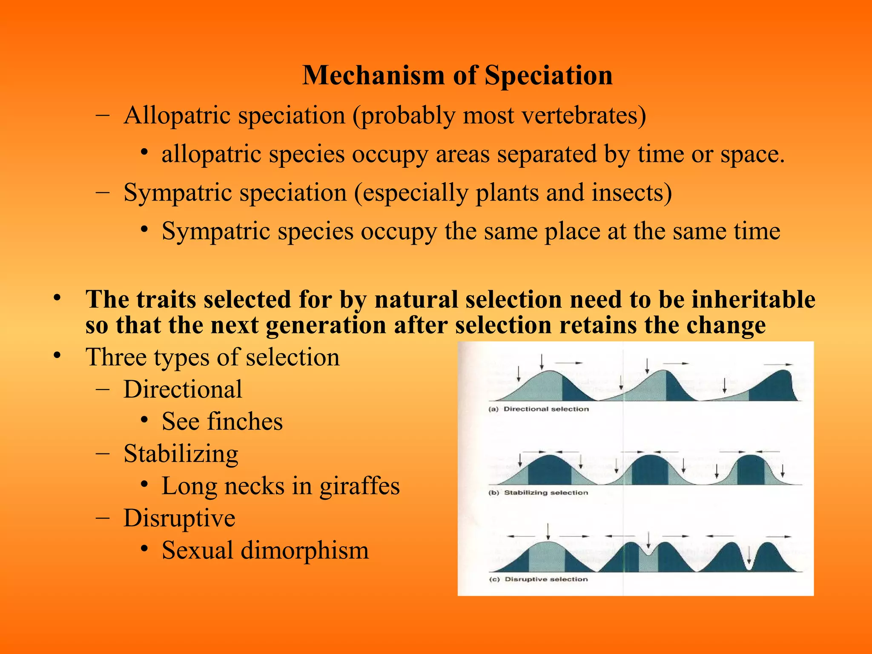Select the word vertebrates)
[x=584, y=115]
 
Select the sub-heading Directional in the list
[x=183, y=389]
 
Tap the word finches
[x=245, y=422]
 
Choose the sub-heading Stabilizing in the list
[x=181, y=454]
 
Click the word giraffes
[x=359, y=486]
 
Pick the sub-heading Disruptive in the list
[x=179, y=518]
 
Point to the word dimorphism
[x=304, y=550]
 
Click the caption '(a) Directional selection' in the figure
[x=539, y=409]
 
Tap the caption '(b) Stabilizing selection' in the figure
[x=538, y=493]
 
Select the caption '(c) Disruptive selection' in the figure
[x=538, y=579]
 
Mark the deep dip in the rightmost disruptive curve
[x=749, y=564]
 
